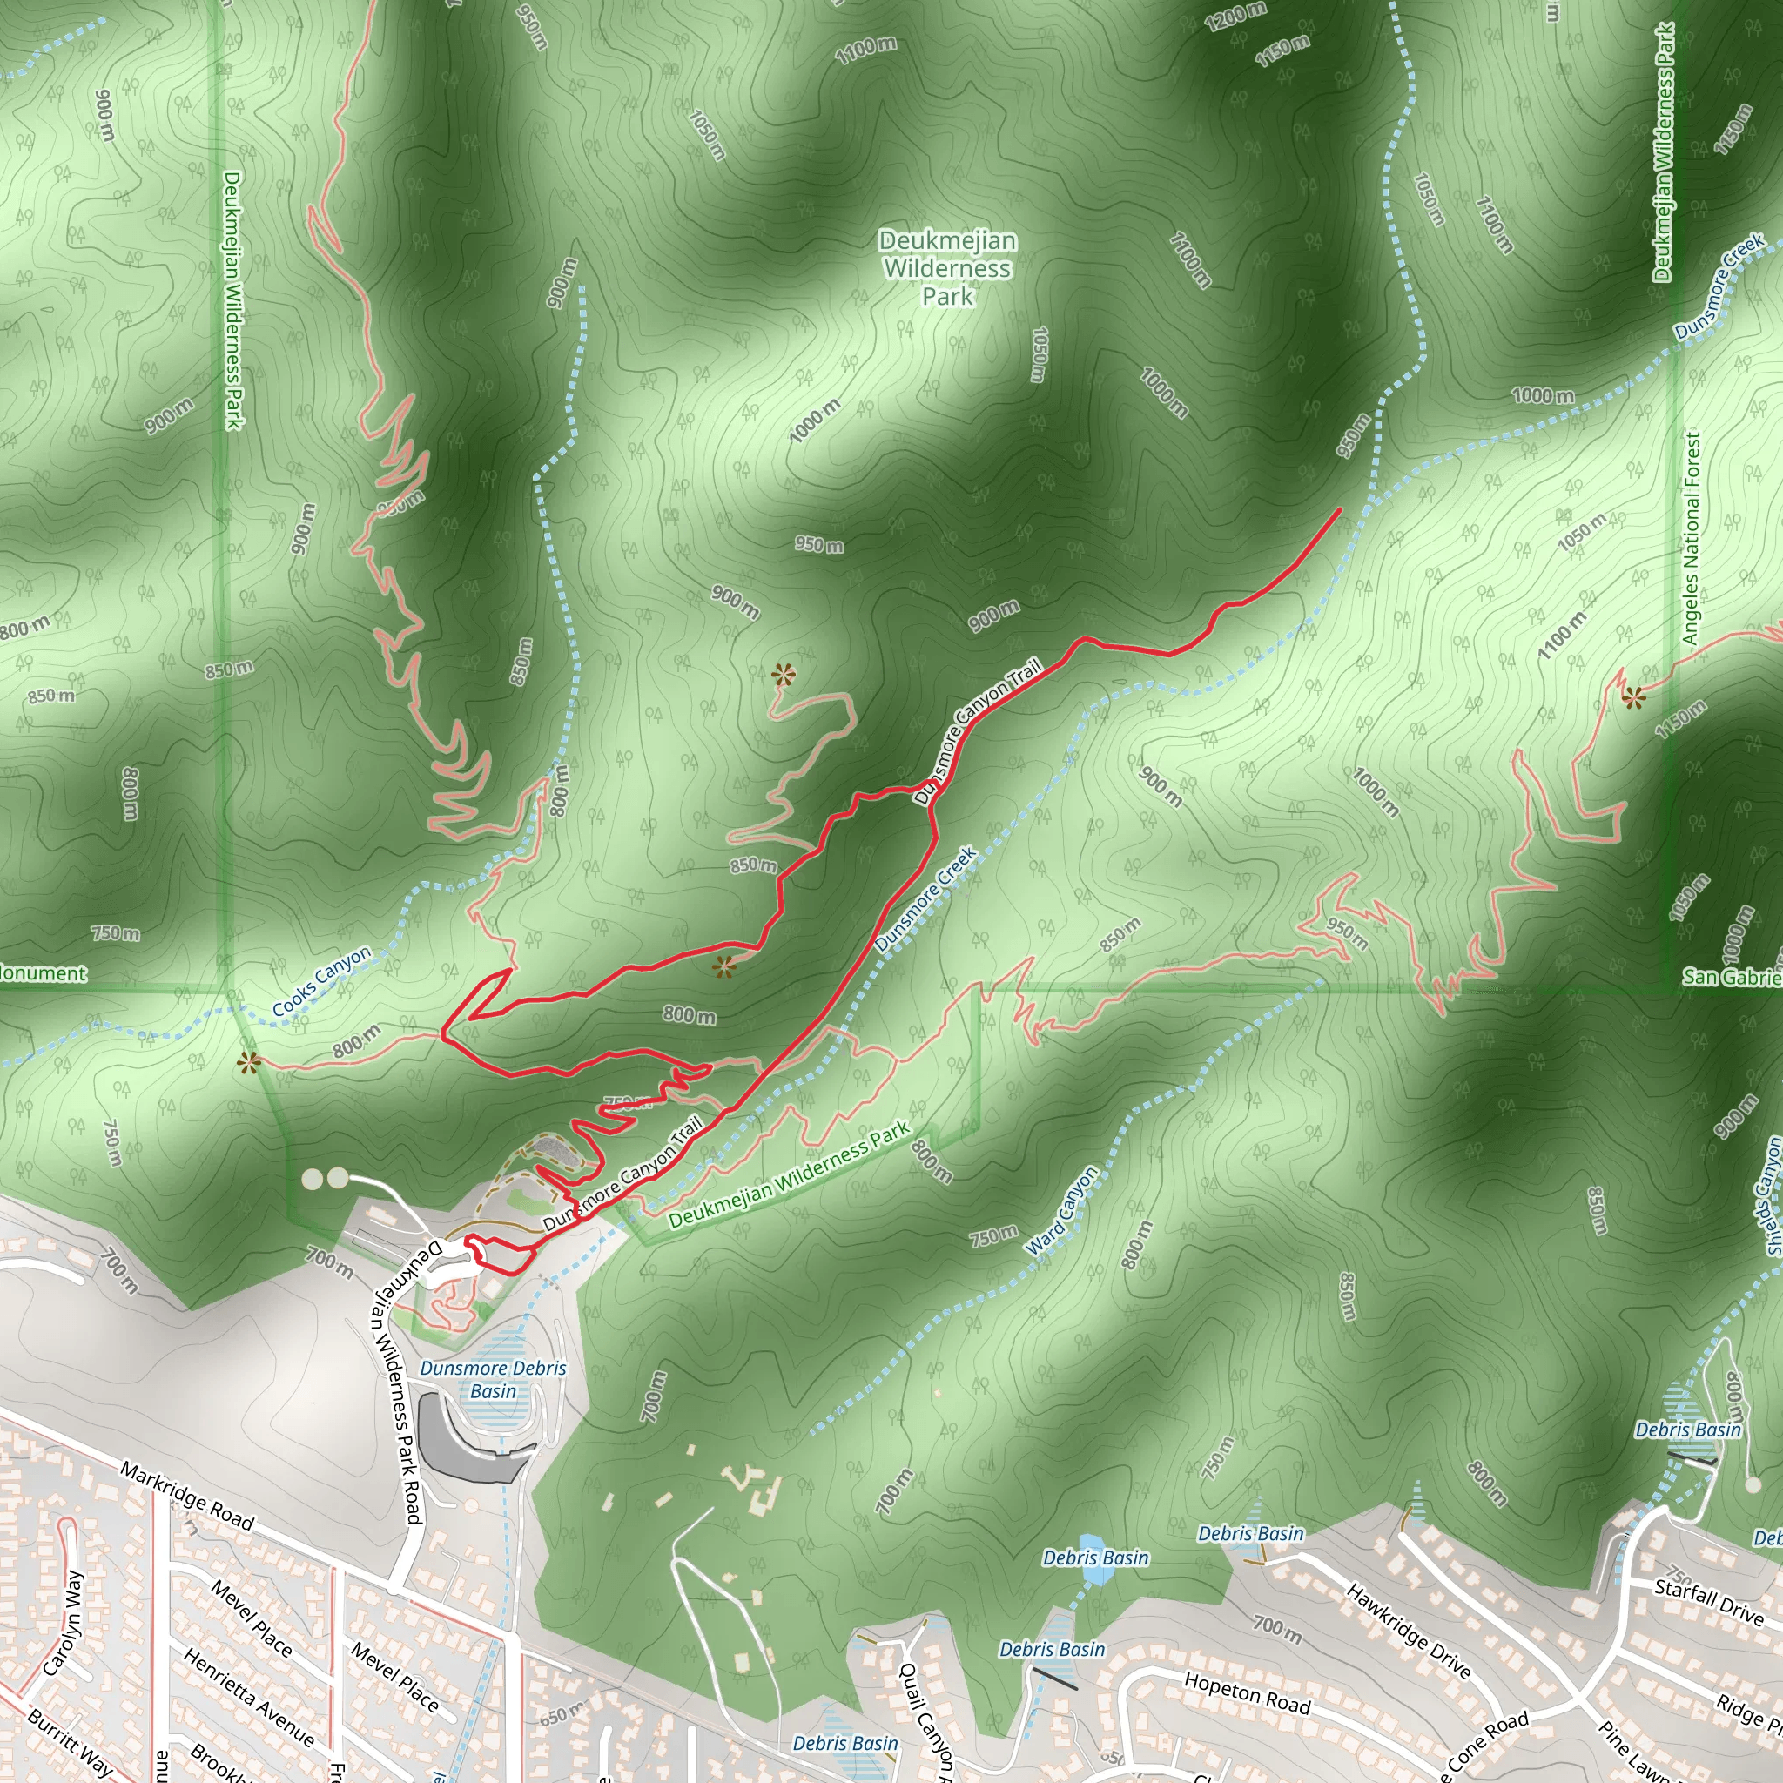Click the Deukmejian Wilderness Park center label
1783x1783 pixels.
pyautogui.click(x=948, y=268)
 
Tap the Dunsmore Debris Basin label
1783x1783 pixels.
pyautogui.click(x=493, y=1379)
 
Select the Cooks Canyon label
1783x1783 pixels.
pyautogui.click(x=321, y=981)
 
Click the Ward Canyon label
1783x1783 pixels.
pyautogui.click(x=1063, y=1211)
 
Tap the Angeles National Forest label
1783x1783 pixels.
pyautogui.click(x=1691, y=538)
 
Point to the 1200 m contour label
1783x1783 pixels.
pyautogui.click(x=1235, y=16)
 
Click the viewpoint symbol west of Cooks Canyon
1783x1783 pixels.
pyautogui.click(x=248, y=1063)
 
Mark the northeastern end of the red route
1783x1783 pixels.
pyautogui.click(x=1339, y=509)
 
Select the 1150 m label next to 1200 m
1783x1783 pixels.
pyautogui.click(x=1282, y=50)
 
